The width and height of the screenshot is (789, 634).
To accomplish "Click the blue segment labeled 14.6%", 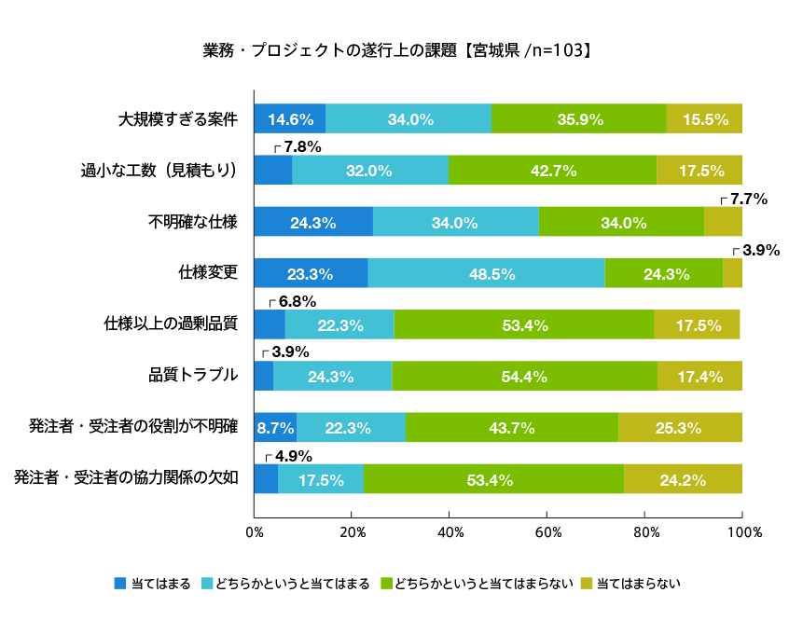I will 290,119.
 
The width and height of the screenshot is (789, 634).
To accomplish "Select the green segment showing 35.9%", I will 579,119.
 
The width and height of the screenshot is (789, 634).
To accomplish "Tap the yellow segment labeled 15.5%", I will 704,119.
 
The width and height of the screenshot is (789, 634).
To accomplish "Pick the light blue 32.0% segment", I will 370,171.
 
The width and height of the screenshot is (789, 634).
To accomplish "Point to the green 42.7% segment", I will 553,171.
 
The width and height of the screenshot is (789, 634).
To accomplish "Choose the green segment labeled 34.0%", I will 622,223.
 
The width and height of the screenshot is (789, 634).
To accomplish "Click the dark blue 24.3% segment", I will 313,223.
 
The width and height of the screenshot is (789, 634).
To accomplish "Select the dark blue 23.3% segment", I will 311,274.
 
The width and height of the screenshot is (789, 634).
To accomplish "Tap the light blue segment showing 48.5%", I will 486,274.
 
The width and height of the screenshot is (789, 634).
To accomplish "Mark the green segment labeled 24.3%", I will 664,274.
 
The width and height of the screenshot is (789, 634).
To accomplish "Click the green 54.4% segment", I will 524,377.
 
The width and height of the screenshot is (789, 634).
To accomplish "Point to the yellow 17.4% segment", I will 699,377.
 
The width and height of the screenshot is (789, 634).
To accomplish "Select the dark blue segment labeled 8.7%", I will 275,428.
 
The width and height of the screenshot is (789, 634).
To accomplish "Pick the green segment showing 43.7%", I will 512,428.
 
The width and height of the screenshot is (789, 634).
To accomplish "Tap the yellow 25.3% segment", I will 680,428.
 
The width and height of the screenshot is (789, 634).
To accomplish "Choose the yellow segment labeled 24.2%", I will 683,479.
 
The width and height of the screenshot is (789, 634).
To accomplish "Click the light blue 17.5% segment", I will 321,479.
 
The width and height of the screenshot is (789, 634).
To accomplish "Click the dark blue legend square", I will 120,583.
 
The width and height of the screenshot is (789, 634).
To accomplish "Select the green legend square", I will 386,583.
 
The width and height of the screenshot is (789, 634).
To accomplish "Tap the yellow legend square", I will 587,583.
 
